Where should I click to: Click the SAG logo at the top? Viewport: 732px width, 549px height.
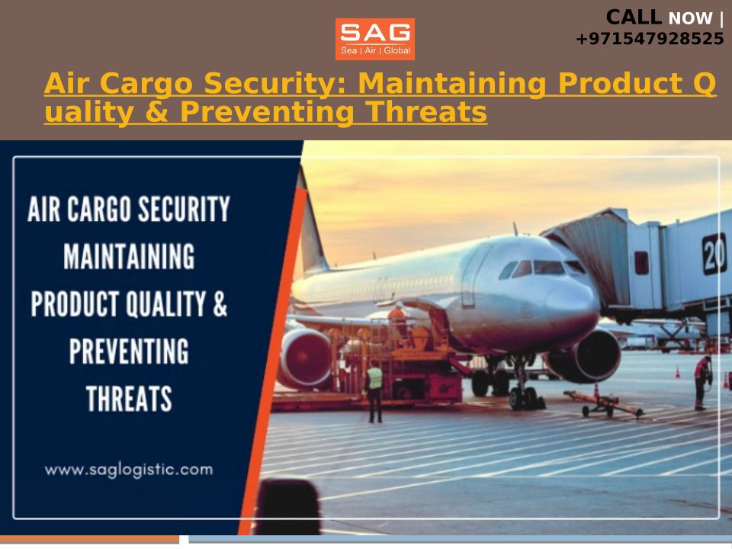pyautogui.click(x=375, y=39)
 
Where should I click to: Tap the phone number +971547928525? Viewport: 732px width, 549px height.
pyautogui.click(x=650, y=39)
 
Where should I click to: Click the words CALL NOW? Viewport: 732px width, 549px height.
pyautogui.click(x=659, y=18)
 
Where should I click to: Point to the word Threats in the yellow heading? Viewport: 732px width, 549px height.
pyautogui.click(x=425, y=112)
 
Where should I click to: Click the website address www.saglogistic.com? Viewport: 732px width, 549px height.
pyautogui.click(x=129, y=470)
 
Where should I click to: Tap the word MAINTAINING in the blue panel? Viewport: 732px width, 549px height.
pyautogui.click(x=129, y=256)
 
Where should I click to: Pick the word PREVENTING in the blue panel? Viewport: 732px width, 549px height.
pyautogui.click(x=129, y=351)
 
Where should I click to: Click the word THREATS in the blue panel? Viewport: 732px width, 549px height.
pyautogui.click(x=129, y=399)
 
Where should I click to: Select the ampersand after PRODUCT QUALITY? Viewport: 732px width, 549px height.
pyautogui.click(x=220, y=304)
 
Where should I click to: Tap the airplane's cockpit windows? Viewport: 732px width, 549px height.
pyautogui.click(x=541, y=268)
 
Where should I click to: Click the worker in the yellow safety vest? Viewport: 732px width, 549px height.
pyautogui.click(x=374, y=391)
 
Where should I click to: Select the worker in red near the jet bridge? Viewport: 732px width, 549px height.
pyautogui.click(x=701, y=383)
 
